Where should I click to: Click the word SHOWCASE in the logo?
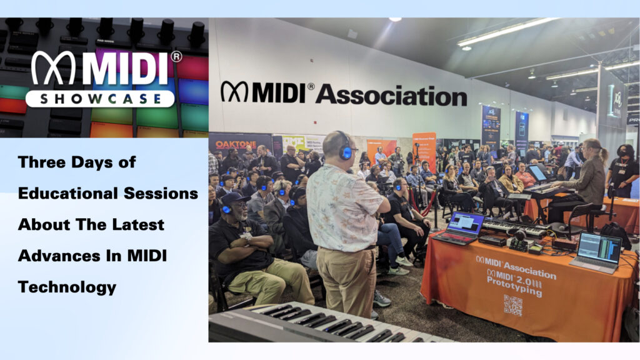tap(100, 99)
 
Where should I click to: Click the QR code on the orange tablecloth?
tap(512, 304)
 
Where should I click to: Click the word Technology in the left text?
tap(67, 287)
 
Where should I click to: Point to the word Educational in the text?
tap(70, 193)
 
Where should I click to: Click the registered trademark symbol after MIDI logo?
tap(176, 57)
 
